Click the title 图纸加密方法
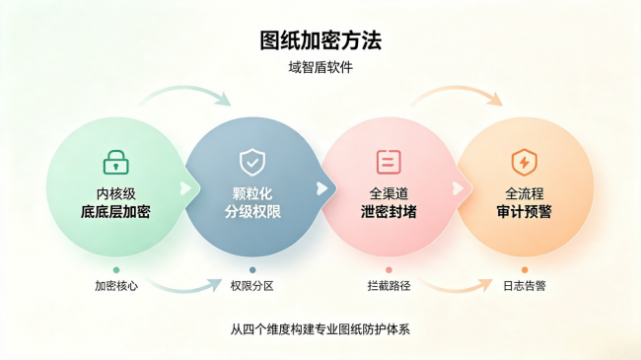[x=320, y=40]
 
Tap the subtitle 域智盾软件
[x=320, y=67]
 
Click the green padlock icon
[x=116, y=163]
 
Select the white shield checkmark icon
[x=252, y=162]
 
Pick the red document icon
[x=389, y=162]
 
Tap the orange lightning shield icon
[x=524, y=162]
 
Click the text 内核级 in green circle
[x=116, y=193]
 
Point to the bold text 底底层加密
[x=115, y=212]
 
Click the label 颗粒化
[x=252, y=193]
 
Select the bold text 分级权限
[x=252, y=212]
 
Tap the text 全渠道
[x=389, y=193]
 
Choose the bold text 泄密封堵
[x=389, y=212]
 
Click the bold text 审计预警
[x=524, y=212]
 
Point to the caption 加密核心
[x=116, y=286]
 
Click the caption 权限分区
[x=251, y=286]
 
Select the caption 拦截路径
[x=389, y=286]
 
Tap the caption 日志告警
[x=525, y=286]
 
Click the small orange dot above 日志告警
[x=525, y=270]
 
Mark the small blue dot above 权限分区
[x=252, y=270]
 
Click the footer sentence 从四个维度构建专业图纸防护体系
[x=320, y=329]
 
